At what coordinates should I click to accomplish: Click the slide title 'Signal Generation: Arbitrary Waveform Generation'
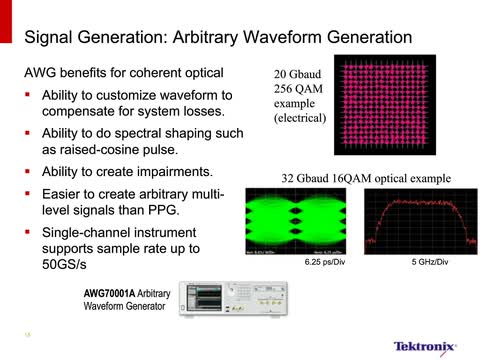pyautogui.click(x=217, y=37)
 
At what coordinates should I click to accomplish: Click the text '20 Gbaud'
pyautogui.click(x=299, y=75)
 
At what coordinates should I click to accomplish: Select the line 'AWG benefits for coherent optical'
pyautogui.click(x=123, y=73)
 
